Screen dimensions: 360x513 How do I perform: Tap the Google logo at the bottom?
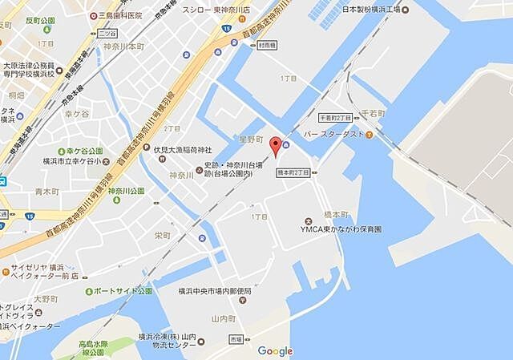pos(275,350)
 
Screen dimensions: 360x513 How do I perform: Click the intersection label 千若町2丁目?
pos(334,117)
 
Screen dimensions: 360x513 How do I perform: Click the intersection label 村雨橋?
pos(268,46)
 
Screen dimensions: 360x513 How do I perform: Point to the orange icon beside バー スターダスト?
pos(369,135)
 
